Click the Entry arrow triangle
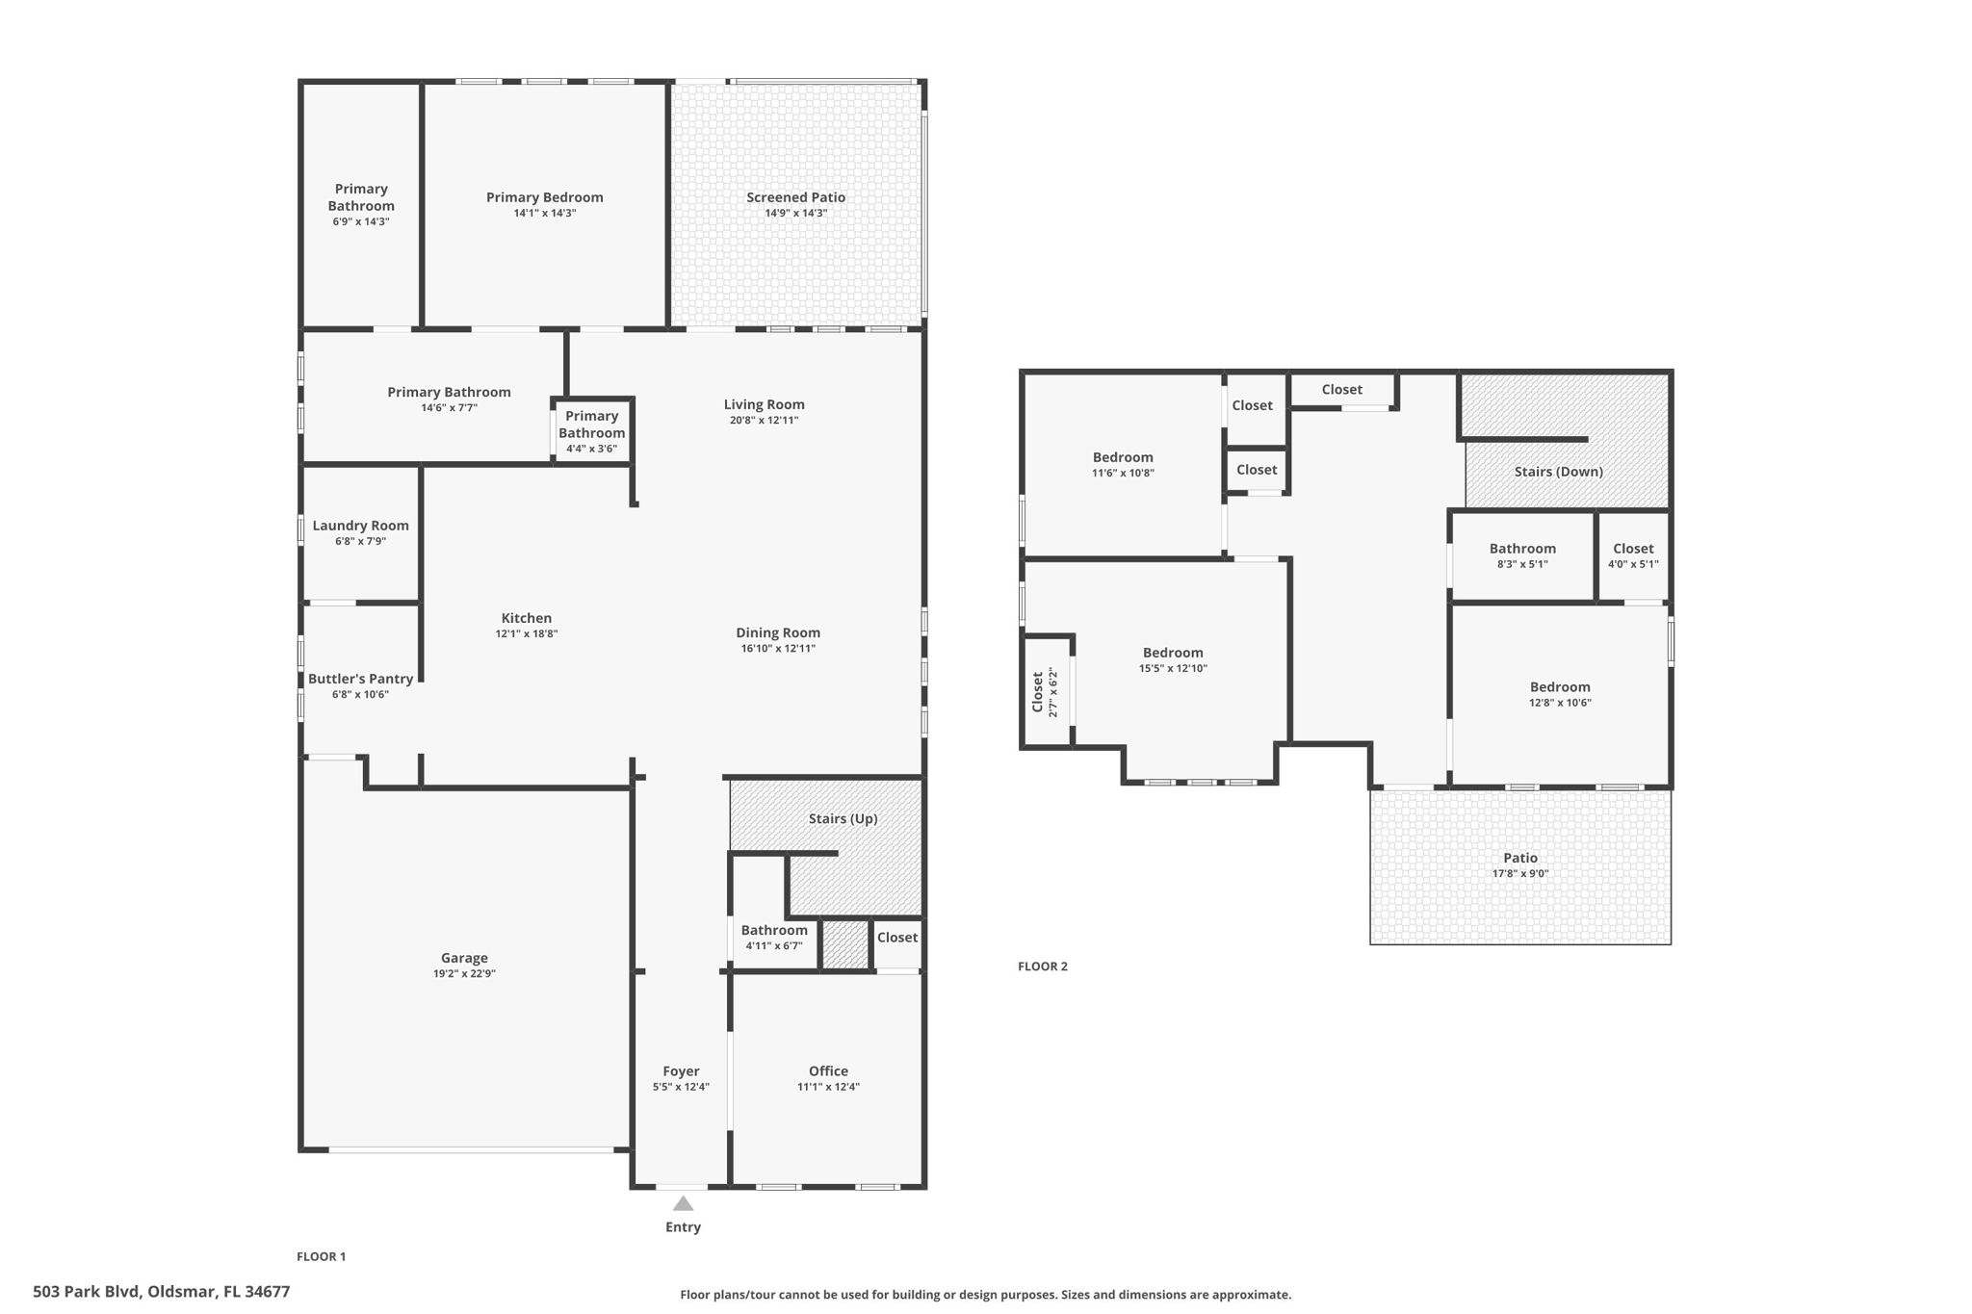coord(683,1203)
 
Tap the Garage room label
coord(464,958)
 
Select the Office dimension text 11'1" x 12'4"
coord(828,1087)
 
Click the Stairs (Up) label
coord(843,818)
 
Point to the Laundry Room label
coord(360,526)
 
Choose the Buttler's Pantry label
coord(360,679)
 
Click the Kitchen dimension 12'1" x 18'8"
coord(527,633)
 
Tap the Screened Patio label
coord(795,197)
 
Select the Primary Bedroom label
coord(544,197)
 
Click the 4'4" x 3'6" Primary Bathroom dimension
coord(591,449)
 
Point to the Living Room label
coord(764,404)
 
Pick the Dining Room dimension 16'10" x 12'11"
coord(778,649)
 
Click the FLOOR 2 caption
coord(1043,966)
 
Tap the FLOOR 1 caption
coord(321,1256)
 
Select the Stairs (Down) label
coord(1558,472)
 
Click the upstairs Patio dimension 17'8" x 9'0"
coord(1520,874)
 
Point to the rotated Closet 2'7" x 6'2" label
coord(1044,692)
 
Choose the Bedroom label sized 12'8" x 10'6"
coord(1560,687)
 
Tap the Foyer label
coord(681,1071)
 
